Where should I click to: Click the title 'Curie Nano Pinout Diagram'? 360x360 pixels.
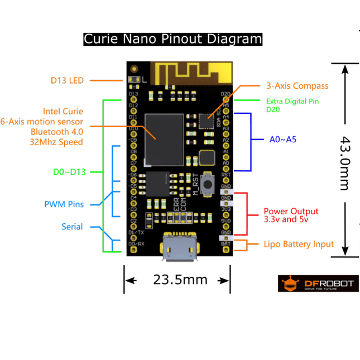172,39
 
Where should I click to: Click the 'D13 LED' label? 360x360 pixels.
67,80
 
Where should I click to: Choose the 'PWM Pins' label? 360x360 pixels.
64,204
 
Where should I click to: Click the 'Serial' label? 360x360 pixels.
72,227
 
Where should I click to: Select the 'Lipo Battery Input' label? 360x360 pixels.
299,244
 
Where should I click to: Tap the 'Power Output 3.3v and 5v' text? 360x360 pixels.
291,215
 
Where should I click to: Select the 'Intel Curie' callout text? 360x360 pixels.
63,112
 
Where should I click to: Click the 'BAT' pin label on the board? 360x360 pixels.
226,244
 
